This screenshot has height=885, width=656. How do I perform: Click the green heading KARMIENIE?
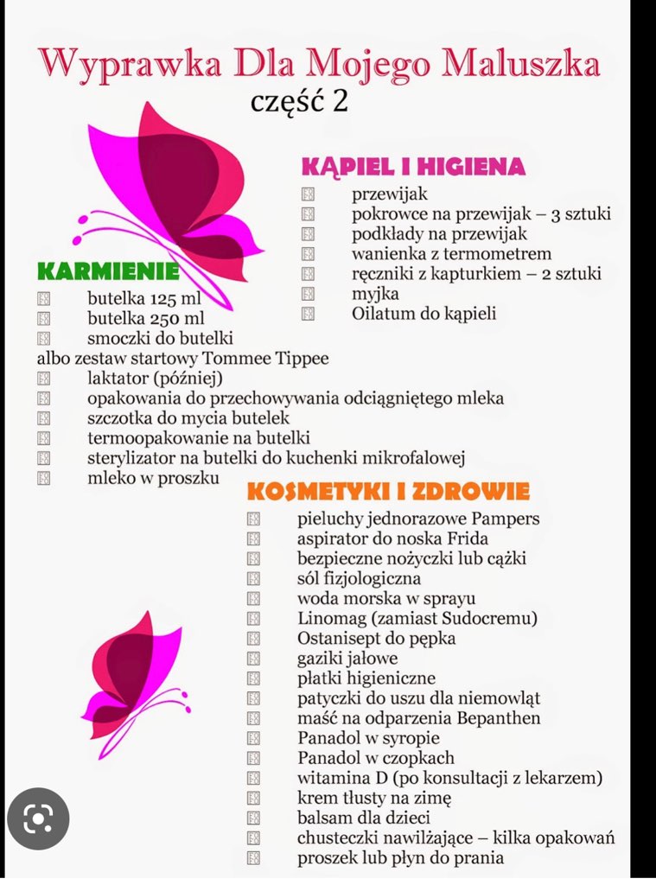(108, 272)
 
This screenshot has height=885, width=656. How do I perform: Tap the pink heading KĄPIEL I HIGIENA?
(413, 167)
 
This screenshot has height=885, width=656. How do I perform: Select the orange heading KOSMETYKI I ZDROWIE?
(388, 492)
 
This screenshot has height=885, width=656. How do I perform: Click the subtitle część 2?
(299, 101)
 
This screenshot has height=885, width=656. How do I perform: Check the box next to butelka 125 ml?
(44, 299)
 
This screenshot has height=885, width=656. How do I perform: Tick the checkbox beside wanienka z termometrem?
(309, 254)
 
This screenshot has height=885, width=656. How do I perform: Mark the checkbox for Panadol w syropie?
(253, 739)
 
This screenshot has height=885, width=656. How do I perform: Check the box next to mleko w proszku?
(44, 478)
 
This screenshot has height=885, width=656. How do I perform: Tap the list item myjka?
(370, 294)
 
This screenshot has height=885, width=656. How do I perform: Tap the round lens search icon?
(38, 818)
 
